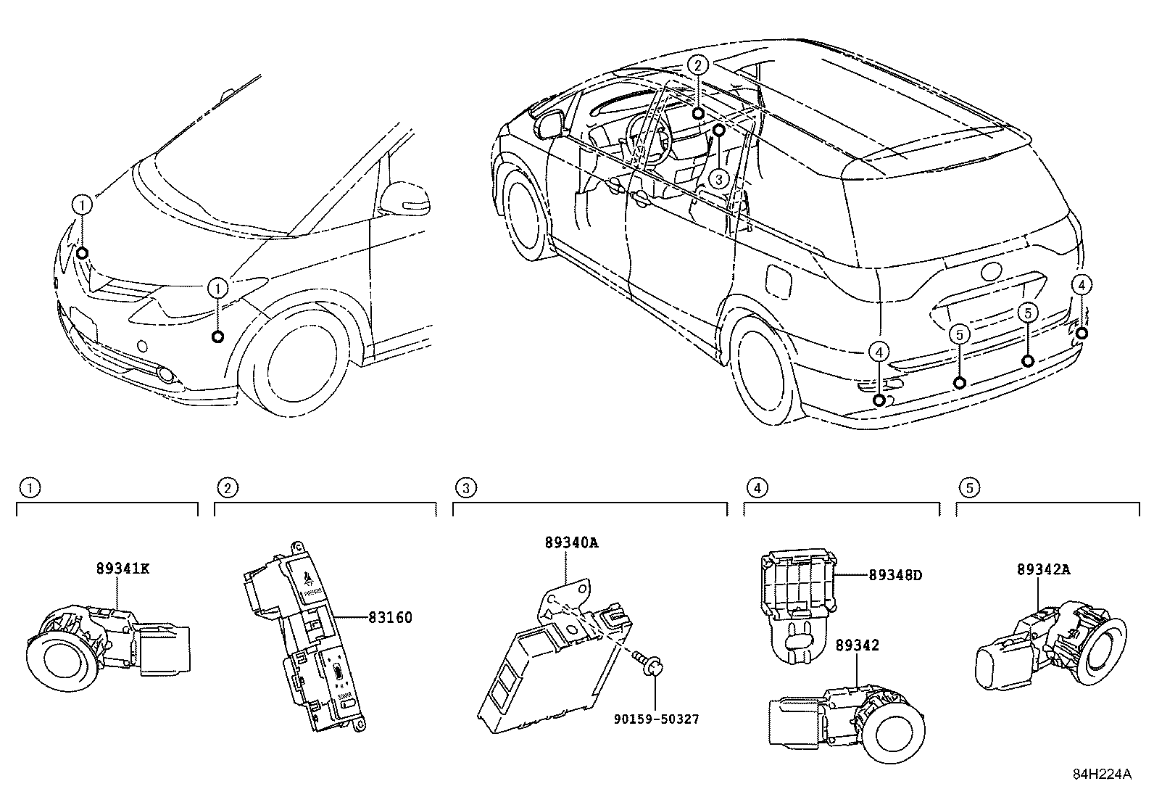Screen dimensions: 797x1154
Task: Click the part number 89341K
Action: pyautogui.click(x=123, y=569)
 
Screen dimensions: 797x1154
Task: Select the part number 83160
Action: pyautogui.click(x=390, y=618)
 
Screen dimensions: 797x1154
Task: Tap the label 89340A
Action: pyautogui.click(x=572, y=542)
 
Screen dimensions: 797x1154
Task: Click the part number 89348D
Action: pyautogui.click(x=895, y=576)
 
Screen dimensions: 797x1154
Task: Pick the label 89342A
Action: pyautogui.click(x=1043, y=569)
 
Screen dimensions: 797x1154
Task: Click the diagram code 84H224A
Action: pyautogui.click(x=1102, y=774)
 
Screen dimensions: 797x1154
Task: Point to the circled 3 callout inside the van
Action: pyautogui.click(x=718, y=178)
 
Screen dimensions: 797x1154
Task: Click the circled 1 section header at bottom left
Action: pyautogui.click(x=29, y=488)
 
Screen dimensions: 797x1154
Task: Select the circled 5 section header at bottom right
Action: pyautogui.click(x=969, y=488)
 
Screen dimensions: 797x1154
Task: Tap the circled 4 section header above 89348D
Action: pyautogui.click(x=757, y=488)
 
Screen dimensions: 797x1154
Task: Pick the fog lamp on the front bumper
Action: pyautogui.click(x=168, y=375)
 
